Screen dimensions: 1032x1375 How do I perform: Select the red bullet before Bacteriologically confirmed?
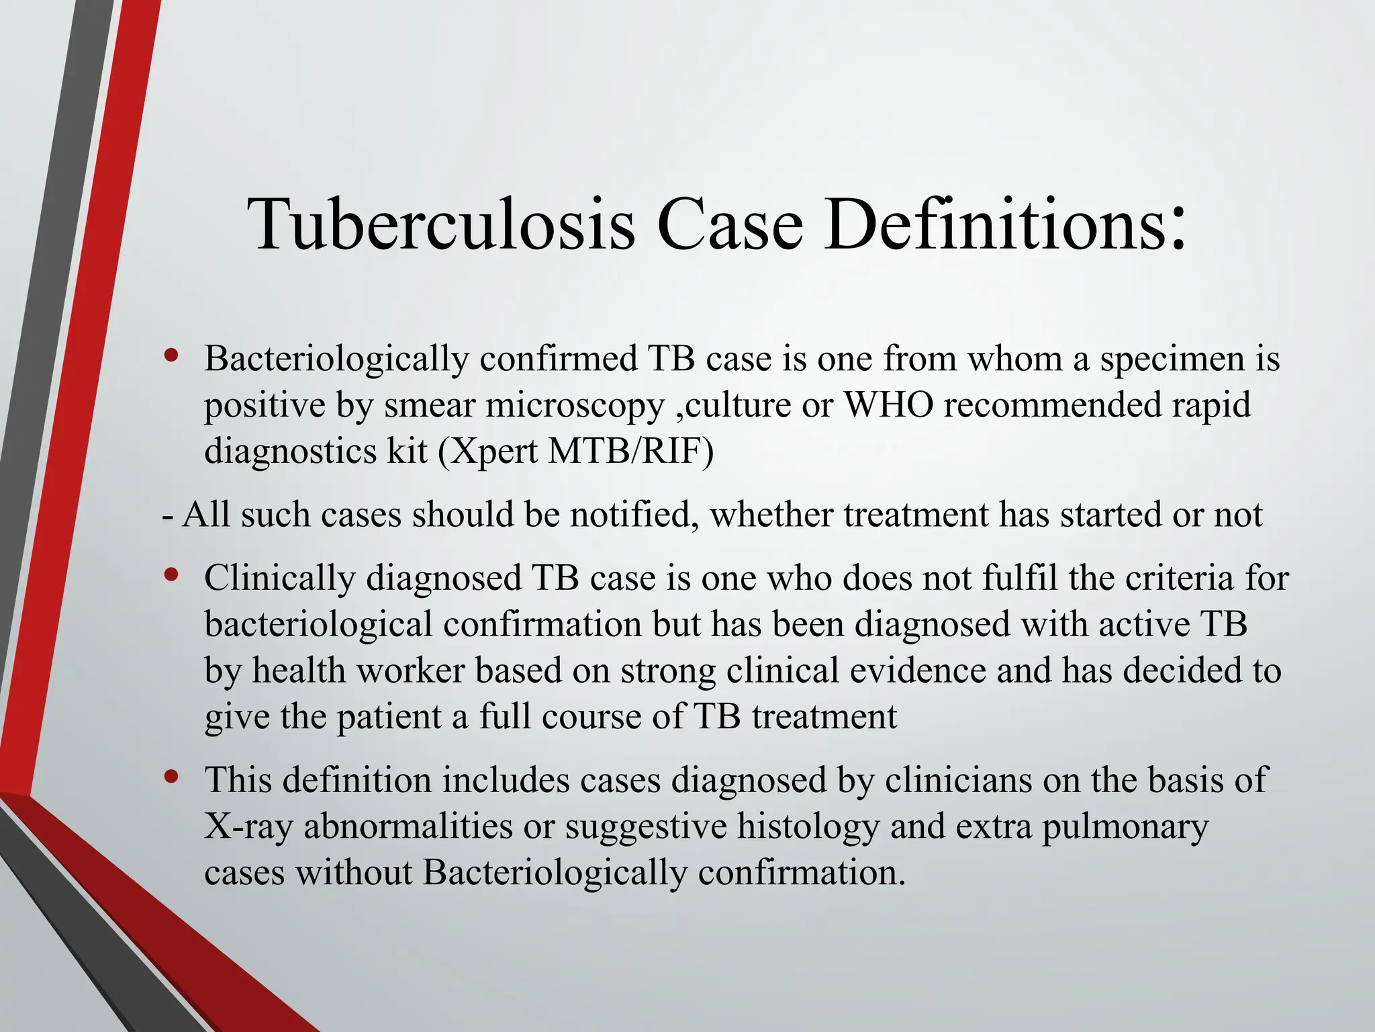(172, 355)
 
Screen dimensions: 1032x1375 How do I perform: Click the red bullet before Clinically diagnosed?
(172, 575)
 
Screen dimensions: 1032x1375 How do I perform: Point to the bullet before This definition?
(172, 777)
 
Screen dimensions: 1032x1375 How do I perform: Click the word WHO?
(888, 404)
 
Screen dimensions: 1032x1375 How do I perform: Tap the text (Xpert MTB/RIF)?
(575, 451)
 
